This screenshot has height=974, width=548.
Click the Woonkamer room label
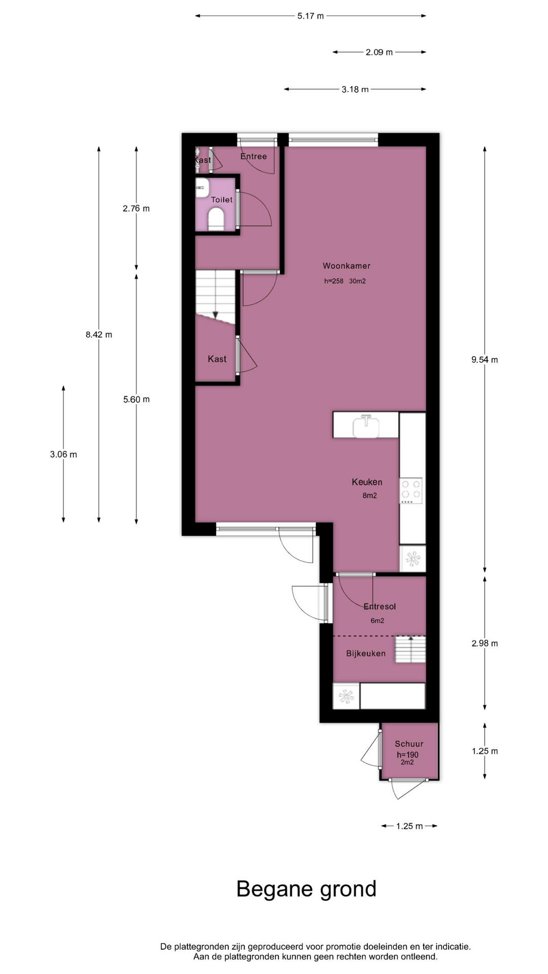coord(347,266)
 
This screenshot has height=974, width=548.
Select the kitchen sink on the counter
coord(366,426)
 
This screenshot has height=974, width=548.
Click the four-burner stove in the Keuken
coord(411,491)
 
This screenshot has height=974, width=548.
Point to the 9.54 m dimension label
coord(485,360)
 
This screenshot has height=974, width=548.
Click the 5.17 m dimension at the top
coord(311,16)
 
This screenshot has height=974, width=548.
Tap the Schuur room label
coord(409,744)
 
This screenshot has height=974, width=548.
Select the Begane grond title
coord(306,889)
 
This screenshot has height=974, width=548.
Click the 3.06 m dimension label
coord(63,455)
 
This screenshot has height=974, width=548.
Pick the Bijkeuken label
coord(366,653)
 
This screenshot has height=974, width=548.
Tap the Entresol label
coord(380,606)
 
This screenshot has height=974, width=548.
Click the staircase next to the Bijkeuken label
coord(410,649)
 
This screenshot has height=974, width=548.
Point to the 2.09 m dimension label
coord(379,52)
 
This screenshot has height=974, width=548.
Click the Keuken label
coord(367,482)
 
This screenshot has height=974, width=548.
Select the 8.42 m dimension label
coord(99,335)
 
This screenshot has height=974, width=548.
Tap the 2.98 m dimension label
coord(485,643)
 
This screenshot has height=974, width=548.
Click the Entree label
coord(254,156)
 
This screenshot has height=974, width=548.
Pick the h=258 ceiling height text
coord(334,281)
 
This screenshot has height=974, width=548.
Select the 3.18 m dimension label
coord(355,89)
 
